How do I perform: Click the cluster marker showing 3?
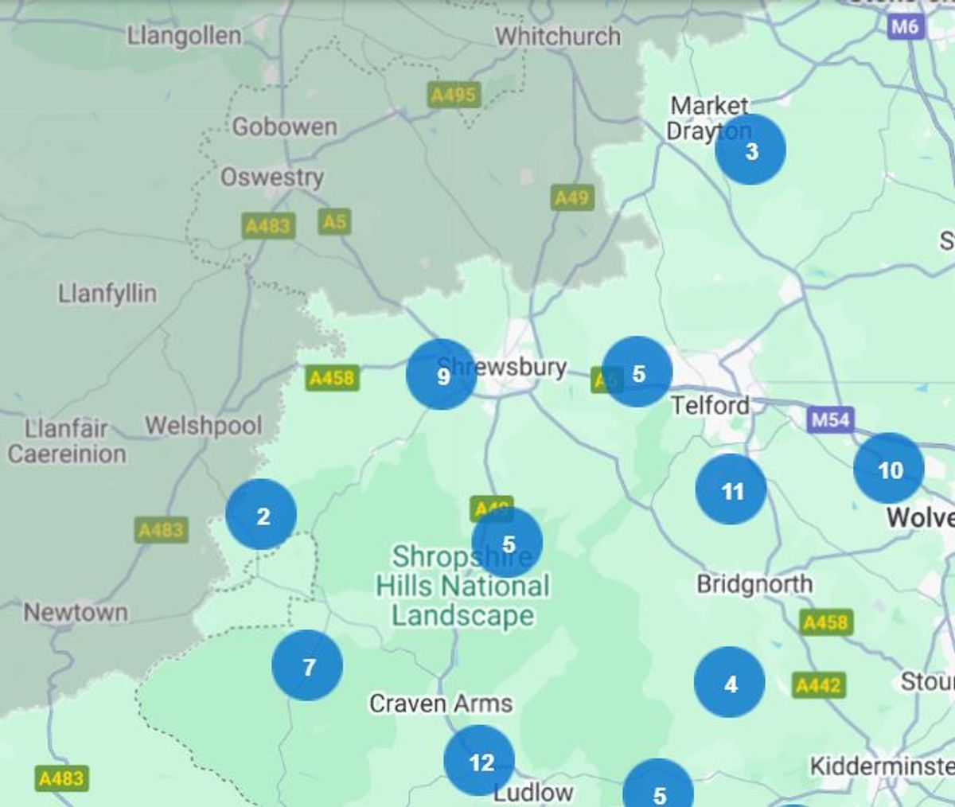tap(750, 150)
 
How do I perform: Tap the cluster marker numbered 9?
tap(441, 374)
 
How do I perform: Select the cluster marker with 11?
tap(731, 489)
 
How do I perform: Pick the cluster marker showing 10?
tap(888, 469)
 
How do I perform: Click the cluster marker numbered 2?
tap(261, 515)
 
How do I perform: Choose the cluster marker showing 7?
tap(307, 665)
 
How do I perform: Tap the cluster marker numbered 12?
tap(479, 761)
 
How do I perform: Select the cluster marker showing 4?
tap(729, 682)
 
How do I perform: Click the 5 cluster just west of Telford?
tap(637, 372)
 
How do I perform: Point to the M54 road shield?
tap(830, 419)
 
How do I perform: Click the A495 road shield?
tap(454, 96)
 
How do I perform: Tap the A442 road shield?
tap(819, 684)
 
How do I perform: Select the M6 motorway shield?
tap(904, 26)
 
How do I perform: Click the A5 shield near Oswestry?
tap(335, 220)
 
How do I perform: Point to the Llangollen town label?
tap(184, 36)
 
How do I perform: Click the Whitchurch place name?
tap(558, 36)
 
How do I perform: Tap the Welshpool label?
tap(203, 426)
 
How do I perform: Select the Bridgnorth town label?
tap(754, 584)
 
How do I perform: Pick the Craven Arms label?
tap(441, 704)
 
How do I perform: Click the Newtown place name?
tap(76, 613)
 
